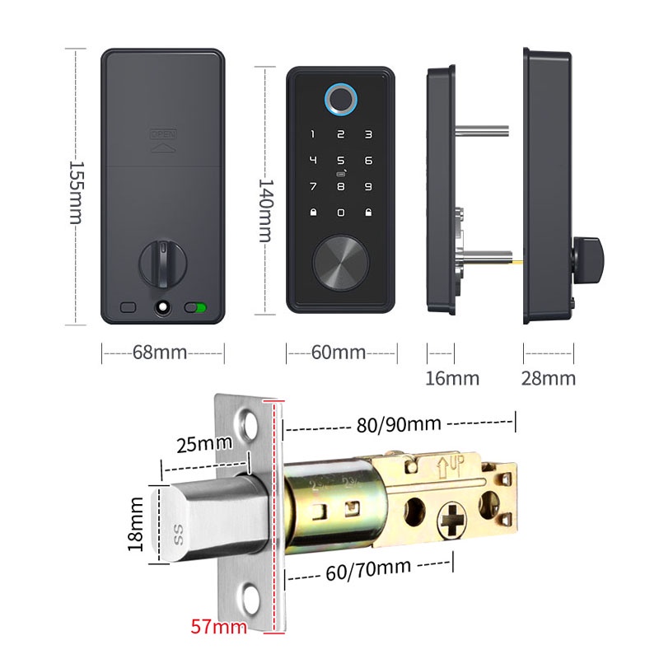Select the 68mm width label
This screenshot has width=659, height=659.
[x=160, y=353]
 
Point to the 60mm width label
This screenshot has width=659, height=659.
[x=339, y=353]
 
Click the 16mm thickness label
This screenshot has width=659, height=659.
[x=451, y=379]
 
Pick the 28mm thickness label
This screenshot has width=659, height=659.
[x=549, y=379]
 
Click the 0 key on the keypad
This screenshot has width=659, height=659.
[x=340, y=213]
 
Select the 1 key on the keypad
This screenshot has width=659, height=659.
[x=313, y=133]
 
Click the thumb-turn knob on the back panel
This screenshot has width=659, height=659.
[x=163, y=262]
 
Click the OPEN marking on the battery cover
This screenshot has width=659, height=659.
[x=163, y=133]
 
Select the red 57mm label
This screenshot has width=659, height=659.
[x=219, y=627]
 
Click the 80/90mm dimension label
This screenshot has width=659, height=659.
[x=400, y=424]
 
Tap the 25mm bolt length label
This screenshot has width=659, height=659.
[x=203, y=445]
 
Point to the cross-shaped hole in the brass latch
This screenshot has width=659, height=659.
[x=454, y=520]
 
